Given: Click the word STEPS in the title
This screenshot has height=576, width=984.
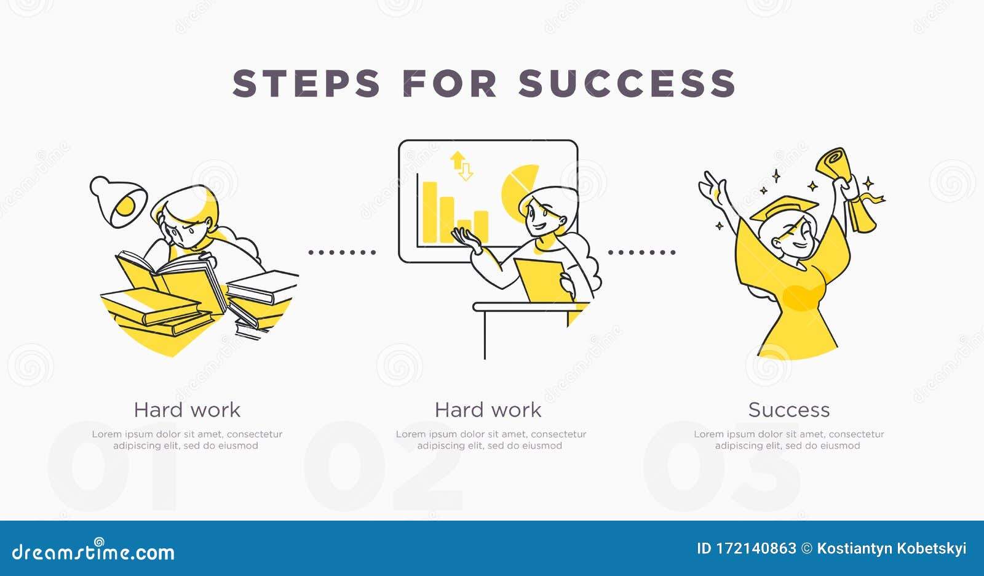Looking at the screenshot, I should coord(306,84).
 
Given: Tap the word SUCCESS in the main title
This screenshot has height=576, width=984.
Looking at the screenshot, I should coord(627,84).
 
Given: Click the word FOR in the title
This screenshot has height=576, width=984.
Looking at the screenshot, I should coord(450,84).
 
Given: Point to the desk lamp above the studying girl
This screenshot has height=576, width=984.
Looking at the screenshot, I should coord(120,200).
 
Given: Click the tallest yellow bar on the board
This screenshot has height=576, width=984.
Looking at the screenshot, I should coord(429,211).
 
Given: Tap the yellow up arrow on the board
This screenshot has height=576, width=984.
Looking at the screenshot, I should coord(457,161).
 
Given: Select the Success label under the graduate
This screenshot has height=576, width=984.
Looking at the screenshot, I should coord(789,410).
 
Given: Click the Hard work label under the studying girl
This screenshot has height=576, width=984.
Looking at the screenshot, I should coord(187,410).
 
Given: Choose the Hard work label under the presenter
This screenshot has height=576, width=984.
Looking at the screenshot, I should coord(488,410).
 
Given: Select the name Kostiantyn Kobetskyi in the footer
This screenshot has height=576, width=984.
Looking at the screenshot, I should coord(891,548).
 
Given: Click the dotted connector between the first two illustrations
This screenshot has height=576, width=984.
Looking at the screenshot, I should coord(342,252).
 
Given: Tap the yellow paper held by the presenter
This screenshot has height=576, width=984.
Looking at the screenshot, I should coord(541,280).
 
